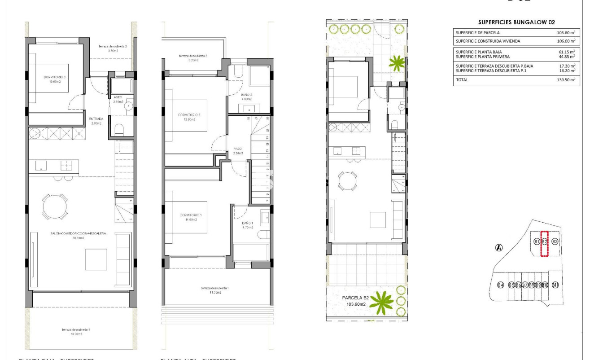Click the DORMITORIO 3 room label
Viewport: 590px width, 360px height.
click(x=55, y=78)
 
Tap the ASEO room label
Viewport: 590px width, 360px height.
click(x=118, y=97)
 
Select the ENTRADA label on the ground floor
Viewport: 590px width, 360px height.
click(x=97, y=119)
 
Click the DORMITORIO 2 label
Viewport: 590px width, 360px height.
click(x=189, y=115)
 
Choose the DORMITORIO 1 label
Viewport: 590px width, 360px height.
click(x=189, y=215)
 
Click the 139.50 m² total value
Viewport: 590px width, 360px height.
click(x=565, y=79)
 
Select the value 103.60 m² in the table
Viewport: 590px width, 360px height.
click(x=565, y=33)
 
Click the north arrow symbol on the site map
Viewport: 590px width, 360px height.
click(x=498, y=247)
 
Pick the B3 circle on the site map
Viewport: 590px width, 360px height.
click(x=555, y=242)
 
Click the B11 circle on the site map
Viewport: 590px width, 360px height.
click(x=555, y=285)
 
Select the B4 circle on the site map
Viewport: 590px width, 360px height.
click(x=501, y=285)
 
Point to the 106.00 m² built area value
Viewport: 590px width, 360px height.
click(x=565, y=41)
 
